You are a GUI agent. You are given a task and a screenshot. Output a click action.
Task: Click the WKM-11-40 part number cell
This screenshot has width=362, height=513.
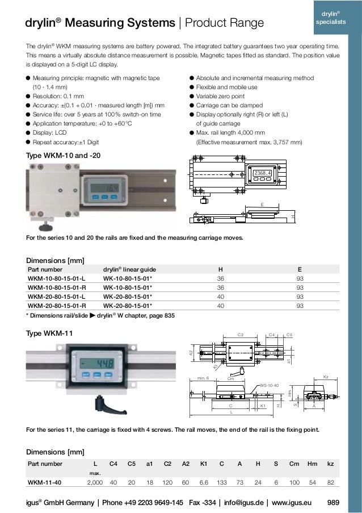[47, 482]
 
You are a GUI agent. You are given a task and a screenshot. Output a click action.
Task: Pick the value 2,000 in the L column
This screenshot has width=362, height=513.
[94, 482]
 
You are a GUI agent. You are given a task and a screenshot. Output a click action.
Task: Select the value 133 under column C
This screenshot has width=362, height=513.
[221, 482]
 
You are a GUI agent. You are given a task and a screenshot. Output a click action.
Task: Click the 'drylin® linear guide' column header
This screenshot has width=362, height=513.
[129, 270]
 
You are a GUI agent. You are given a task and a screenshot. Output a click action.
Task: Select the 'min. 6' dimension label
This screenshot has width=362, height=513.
[204, 377]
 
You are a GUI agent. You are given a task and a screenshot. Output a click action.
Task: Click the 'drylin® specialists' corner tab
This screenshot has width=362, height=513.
[332, 18]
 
